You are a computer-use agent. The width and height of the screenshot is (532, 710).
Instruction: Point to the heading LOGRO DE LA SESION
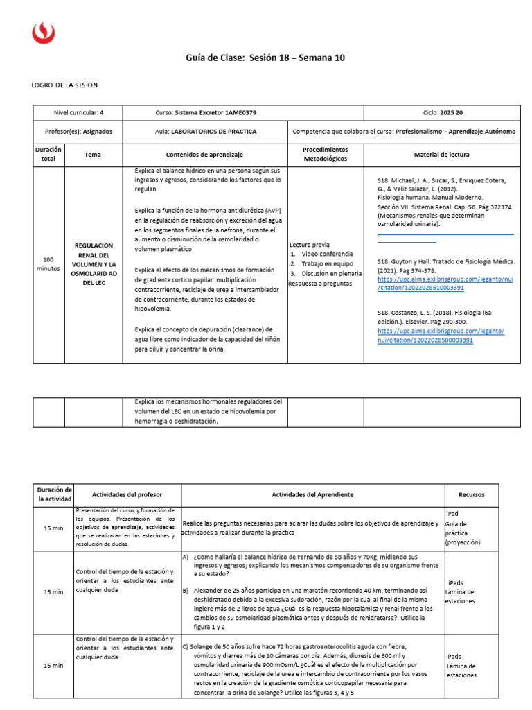65,85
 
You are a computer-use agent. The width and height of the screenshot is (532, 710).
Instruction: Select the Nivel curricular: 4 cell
78,112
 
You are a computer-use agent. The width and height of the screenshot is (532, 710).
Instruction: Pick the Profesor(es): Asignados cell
78,131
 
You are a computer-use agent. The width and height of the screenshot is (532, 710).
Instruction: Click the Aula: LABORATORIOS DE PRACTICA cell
206,131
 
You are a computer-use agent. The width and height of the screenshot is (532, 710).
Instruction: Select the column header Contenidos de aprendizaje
204,154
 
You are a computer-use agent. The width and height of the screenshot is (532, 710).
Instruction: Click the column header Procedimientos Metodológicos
326,154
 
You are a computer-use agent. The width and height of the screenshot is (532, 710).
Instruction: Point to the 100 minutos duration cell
48,263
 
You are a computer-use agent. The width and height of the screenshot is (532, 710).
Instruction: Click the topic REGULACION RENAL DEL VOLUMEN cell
93,264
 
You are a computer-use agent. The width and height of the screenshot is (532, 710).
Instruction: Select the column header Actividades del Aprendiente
312,494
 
